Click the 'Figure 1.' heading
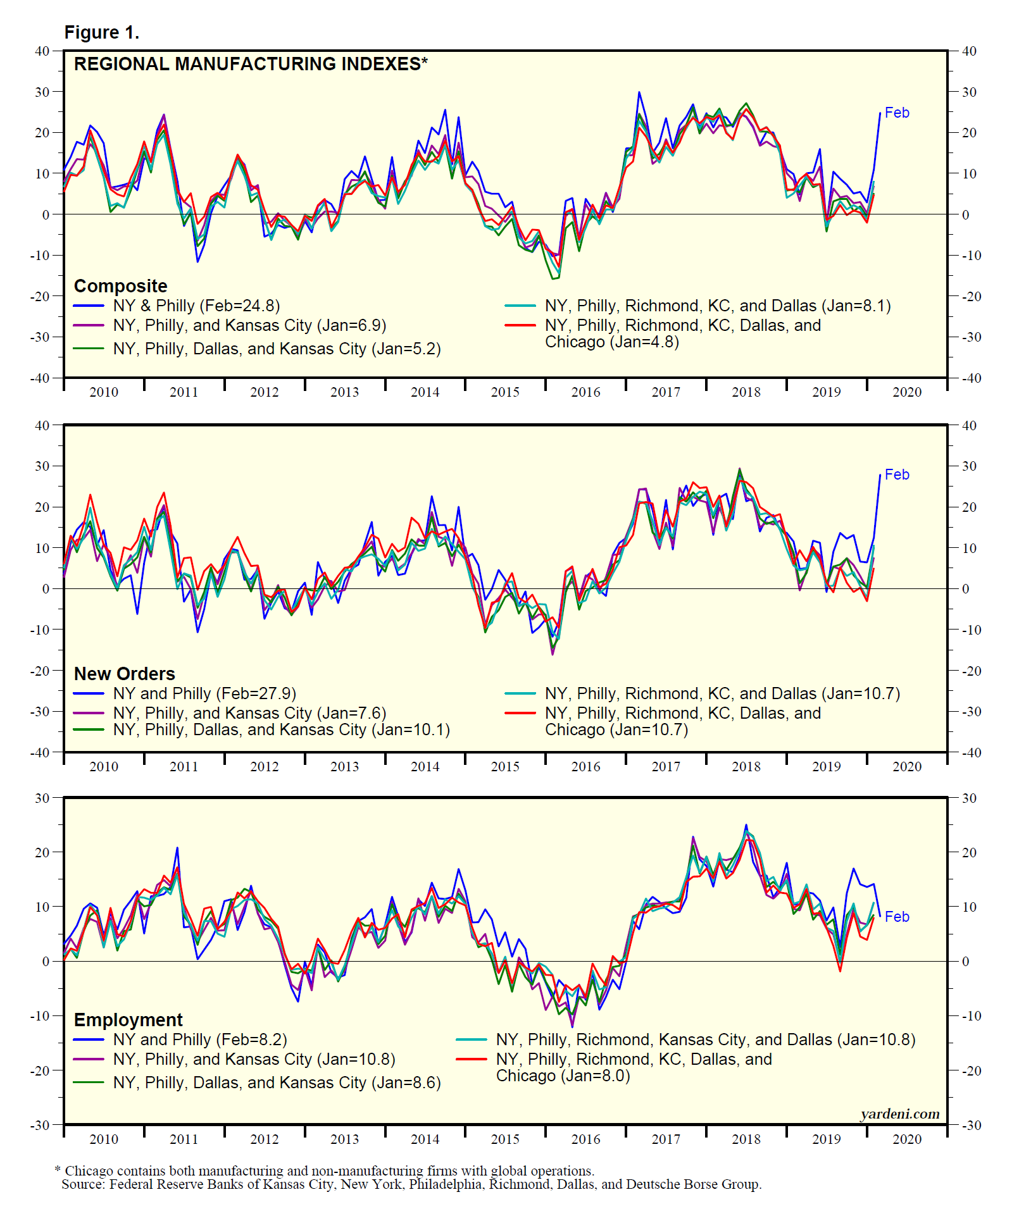point(101,33)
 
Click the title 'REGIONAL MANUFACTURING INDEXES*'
point(251,64)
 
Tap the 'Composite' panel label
point(120,286)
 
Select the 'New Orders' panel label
point(124,674)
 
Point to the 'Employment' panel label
point(128,1020)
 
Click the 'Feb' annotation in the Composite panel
point(897,113)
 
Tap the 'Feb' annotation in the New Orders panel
point(897,475)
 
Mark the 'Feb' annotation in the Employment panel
point(897,917)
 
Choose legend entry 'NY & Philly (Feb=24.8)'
point(196,306)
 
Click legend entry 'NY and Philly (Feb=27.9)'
point(204,694)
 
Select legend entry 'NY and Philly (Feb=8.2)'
point(200,1039)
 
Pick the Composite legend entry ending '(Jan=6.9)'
point(249,326)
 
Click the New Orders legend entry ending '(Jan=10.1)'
point(281,730)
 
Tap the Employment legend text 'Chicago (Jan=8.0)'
point(563,1076)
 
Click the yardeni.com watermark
point(900,1114)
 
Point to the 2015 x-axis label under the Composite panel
point(505,392)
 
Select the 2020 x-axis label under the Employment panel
point(907,1139)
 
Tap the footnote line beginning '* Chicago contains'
point(325,1171)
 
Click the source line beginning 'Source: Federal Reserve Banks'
point(411,1184)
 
